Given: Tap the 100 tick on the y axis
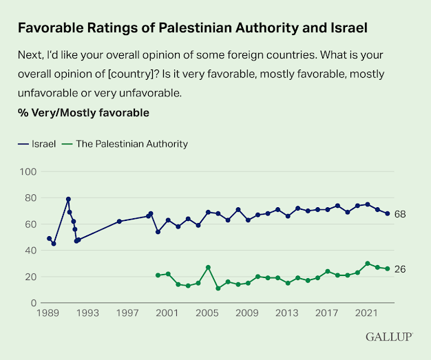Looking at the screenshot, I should click(29, 171).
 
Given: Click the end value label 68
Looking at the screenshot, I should click(400, 214).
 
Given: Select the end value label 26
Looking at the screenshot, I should click(400, 269).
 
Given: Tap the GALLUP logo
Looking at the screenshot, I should click(390, 337).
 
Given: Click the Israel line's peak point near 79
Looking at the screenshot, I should click(68, 199).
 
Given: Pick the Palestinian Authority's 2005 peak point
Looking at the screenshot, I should click(208, 267).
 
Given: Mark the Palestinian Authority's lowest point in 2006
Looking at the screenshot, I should click(218, 288).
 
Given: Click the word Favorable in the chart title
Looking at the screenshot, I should click(48, 28).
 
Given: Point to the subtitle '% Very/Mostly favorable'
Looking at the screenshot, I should click(83, 111).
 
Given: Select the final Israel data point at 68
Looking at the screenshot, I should click(388, 213).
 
